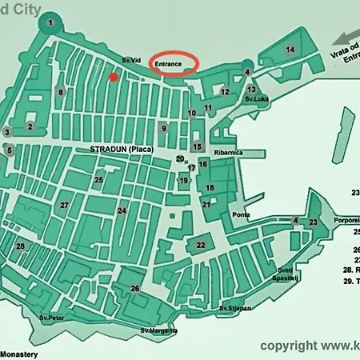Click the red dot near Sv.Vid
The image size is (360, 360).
(x=114, y=77)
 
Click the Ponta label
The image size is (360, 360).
(x=241, y=215)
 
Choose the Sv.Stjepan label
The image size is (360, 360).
(x=235, y=308)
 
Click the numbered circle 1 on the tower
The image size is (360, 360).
(x=51, y=22)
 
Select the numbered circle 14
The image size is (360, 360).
(x=290, y=50)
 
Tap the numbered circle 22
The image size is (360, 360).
(x=202, y=245)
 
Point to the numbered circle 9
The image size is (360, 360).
(x=163, y=128)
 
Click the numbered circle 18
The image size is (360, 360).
(x=210, y=187)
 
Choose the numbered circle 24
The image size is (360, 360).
(x=122, y=211)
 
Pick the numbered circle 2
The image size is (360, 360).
(x=30, y=126)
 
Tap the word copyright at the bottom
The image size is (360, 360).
(x=289, y=346)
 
